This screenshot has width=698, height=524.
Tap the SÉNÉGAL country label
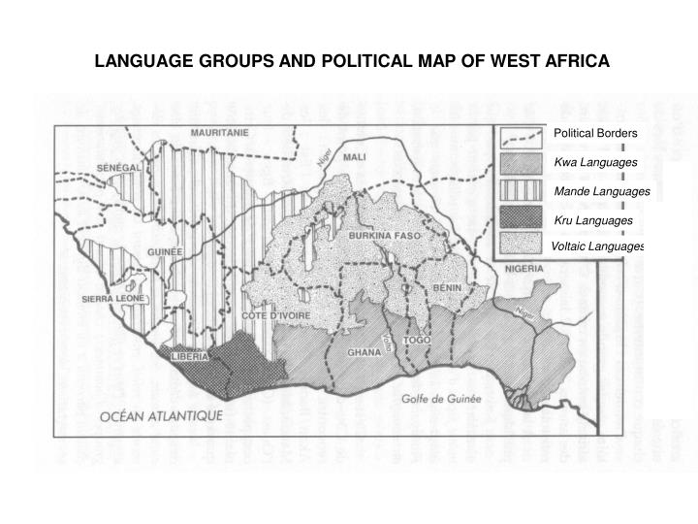121,167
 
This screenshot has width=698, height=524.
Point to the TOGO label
416,341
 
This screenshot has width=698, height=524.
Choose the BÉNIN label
447,288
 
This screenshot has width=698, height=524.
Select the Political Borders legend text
595,133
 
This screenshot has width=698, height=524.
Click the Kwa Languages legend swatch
521,161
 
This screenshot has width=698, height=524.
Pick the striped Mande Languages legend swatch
521,191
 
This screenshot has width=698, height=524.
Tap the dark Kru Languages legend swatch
521,220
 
